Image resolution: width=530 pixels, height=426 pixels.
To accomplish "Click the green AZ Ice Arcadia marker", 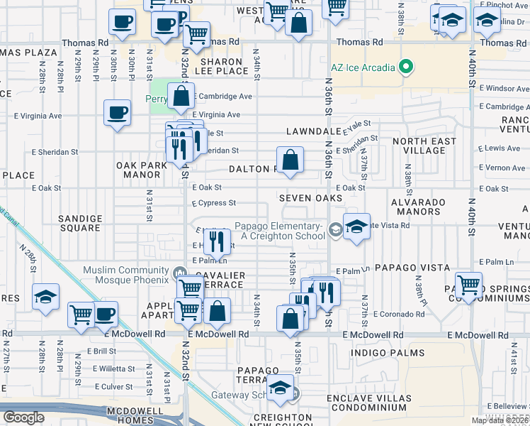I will point(405,69).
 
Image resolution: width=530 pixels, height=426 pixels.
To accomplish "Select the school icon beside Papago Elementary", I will point(356,227).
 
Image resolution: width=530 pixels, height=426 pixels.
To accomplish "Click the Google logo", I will point(23,417).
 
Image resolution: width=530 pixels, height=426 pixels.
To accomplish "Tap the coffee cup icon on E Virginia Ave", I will point(117,111).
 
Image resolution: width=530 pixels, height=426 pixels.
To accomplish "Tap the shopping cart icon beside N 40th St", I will point(468,286).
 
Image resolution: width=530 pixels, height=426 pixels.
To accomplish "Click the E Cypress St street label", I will point(213,203).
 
